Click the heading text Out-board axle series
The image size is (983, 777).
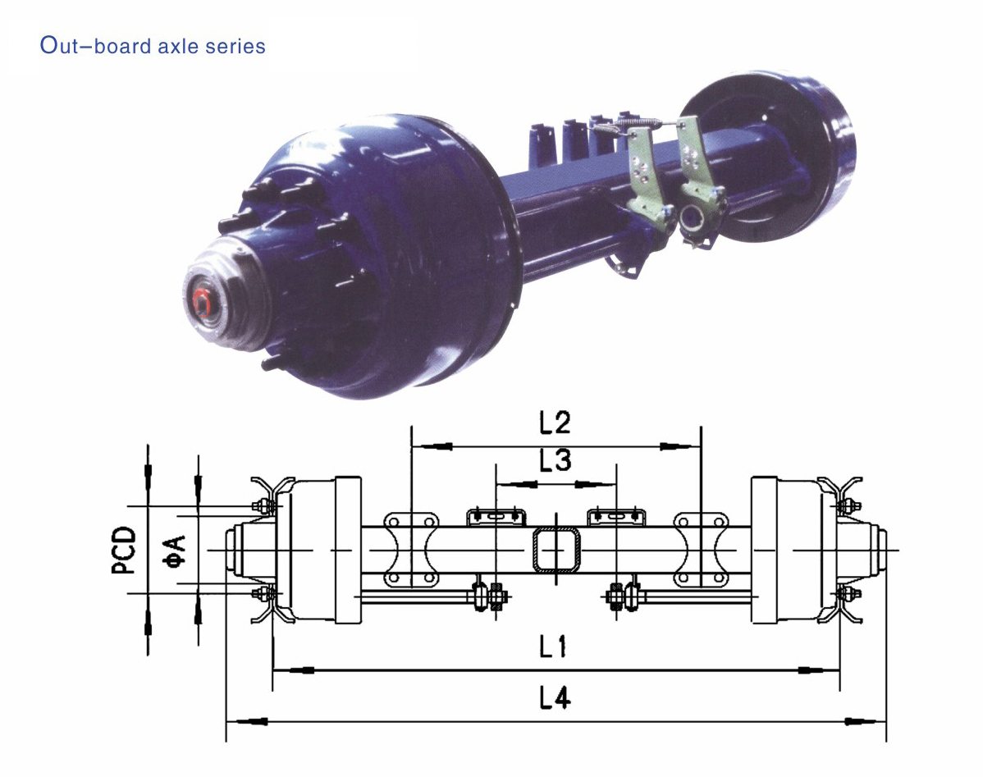click(x=153, y=46)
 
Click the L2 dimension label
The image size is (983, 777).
click(x=555, y=423)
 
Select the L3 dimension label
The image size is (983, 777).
click(x=555, y=461)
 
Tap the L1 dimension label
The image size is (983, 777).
click(x=555, y=647)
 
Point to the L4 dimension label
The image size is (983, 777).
click(x=555, y=698)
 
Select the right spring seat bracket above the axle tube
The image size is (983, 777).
click(x=615, y=516)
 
